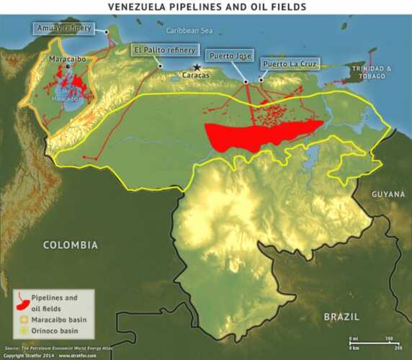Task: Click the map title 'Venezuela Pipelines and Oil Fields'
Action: coord(206,6)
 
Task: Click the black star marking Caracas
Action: coord(196,66)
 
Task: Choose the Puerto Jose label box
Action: coord(229,55)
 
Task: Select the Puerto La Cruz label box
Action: coord(287,64)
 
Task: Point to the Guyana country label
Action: coord(388,194)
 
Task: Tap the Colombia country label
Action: coord(70,246)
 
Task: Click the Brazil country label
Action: coord(341,316)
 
